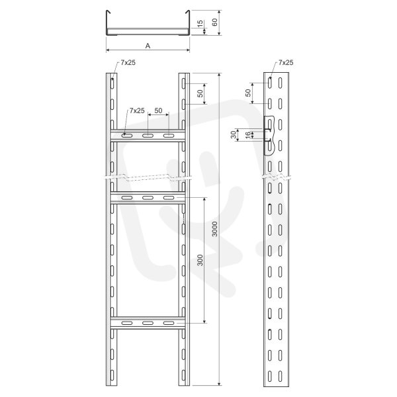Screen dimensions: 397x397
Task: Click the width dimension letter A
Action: click(148, 46)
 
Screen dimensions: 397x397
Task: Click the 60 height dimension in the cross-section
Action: click(214, 22)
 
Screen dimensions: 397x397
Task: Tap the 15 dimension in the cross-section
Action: click(200, 24)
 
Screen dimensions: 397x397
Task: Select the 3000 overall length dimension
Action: click(214, 229)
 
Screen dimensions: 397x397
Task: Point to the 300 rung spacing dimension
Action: click(200, 260)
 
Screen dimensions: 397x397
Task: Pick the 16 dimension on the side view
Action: click(248, 134)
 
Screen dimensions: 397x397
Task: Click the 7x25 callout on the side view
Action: click(286, 63)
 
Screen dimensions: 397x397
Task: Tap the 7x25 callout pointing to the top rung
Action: click(137, 110)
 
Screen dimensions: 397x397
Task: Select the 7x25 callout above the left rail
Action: click(128, 63)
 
